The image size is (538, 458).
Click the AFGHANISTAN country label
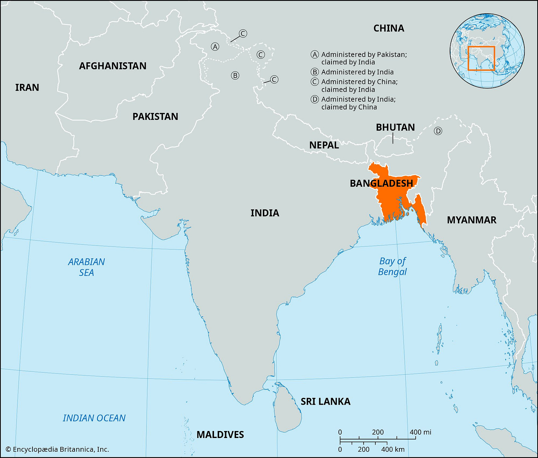[113, 66]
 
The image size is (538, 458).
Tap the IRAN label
[27, 87]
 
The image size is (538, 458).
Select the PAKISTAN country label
[155, 117]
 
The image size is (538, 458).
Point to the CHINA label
[389, 28]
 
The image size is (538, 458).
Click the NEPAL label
[324, 145]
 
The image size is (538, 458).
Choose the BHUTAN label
[395, 127]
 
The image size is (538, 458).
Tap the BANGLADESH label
[381, 183]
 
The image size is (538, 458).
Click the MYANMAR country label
[471, 220]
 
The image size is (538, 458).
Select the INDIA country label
[265, 213]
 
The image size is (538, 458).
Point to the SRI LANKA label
[326, 401]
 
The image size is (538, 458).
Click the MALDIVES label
[220, 434]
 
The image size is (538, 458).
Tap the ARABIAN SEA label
[86, 267]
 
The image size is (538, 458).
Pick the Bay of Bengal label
[392, 266]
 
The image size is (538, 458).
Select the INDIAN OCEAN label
[94, 418]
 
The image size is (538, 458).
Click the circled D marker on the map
[438, 131]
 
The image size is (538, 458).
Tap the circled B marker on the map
[235, 75]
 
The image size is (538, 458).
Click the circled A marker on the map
[215, 47]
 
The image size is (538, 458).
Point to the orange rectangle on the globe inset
[481, 58]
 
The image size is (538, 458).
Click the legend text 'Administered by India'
[357, 72]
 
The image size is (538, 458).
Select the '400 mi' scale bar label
[420, 432]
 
